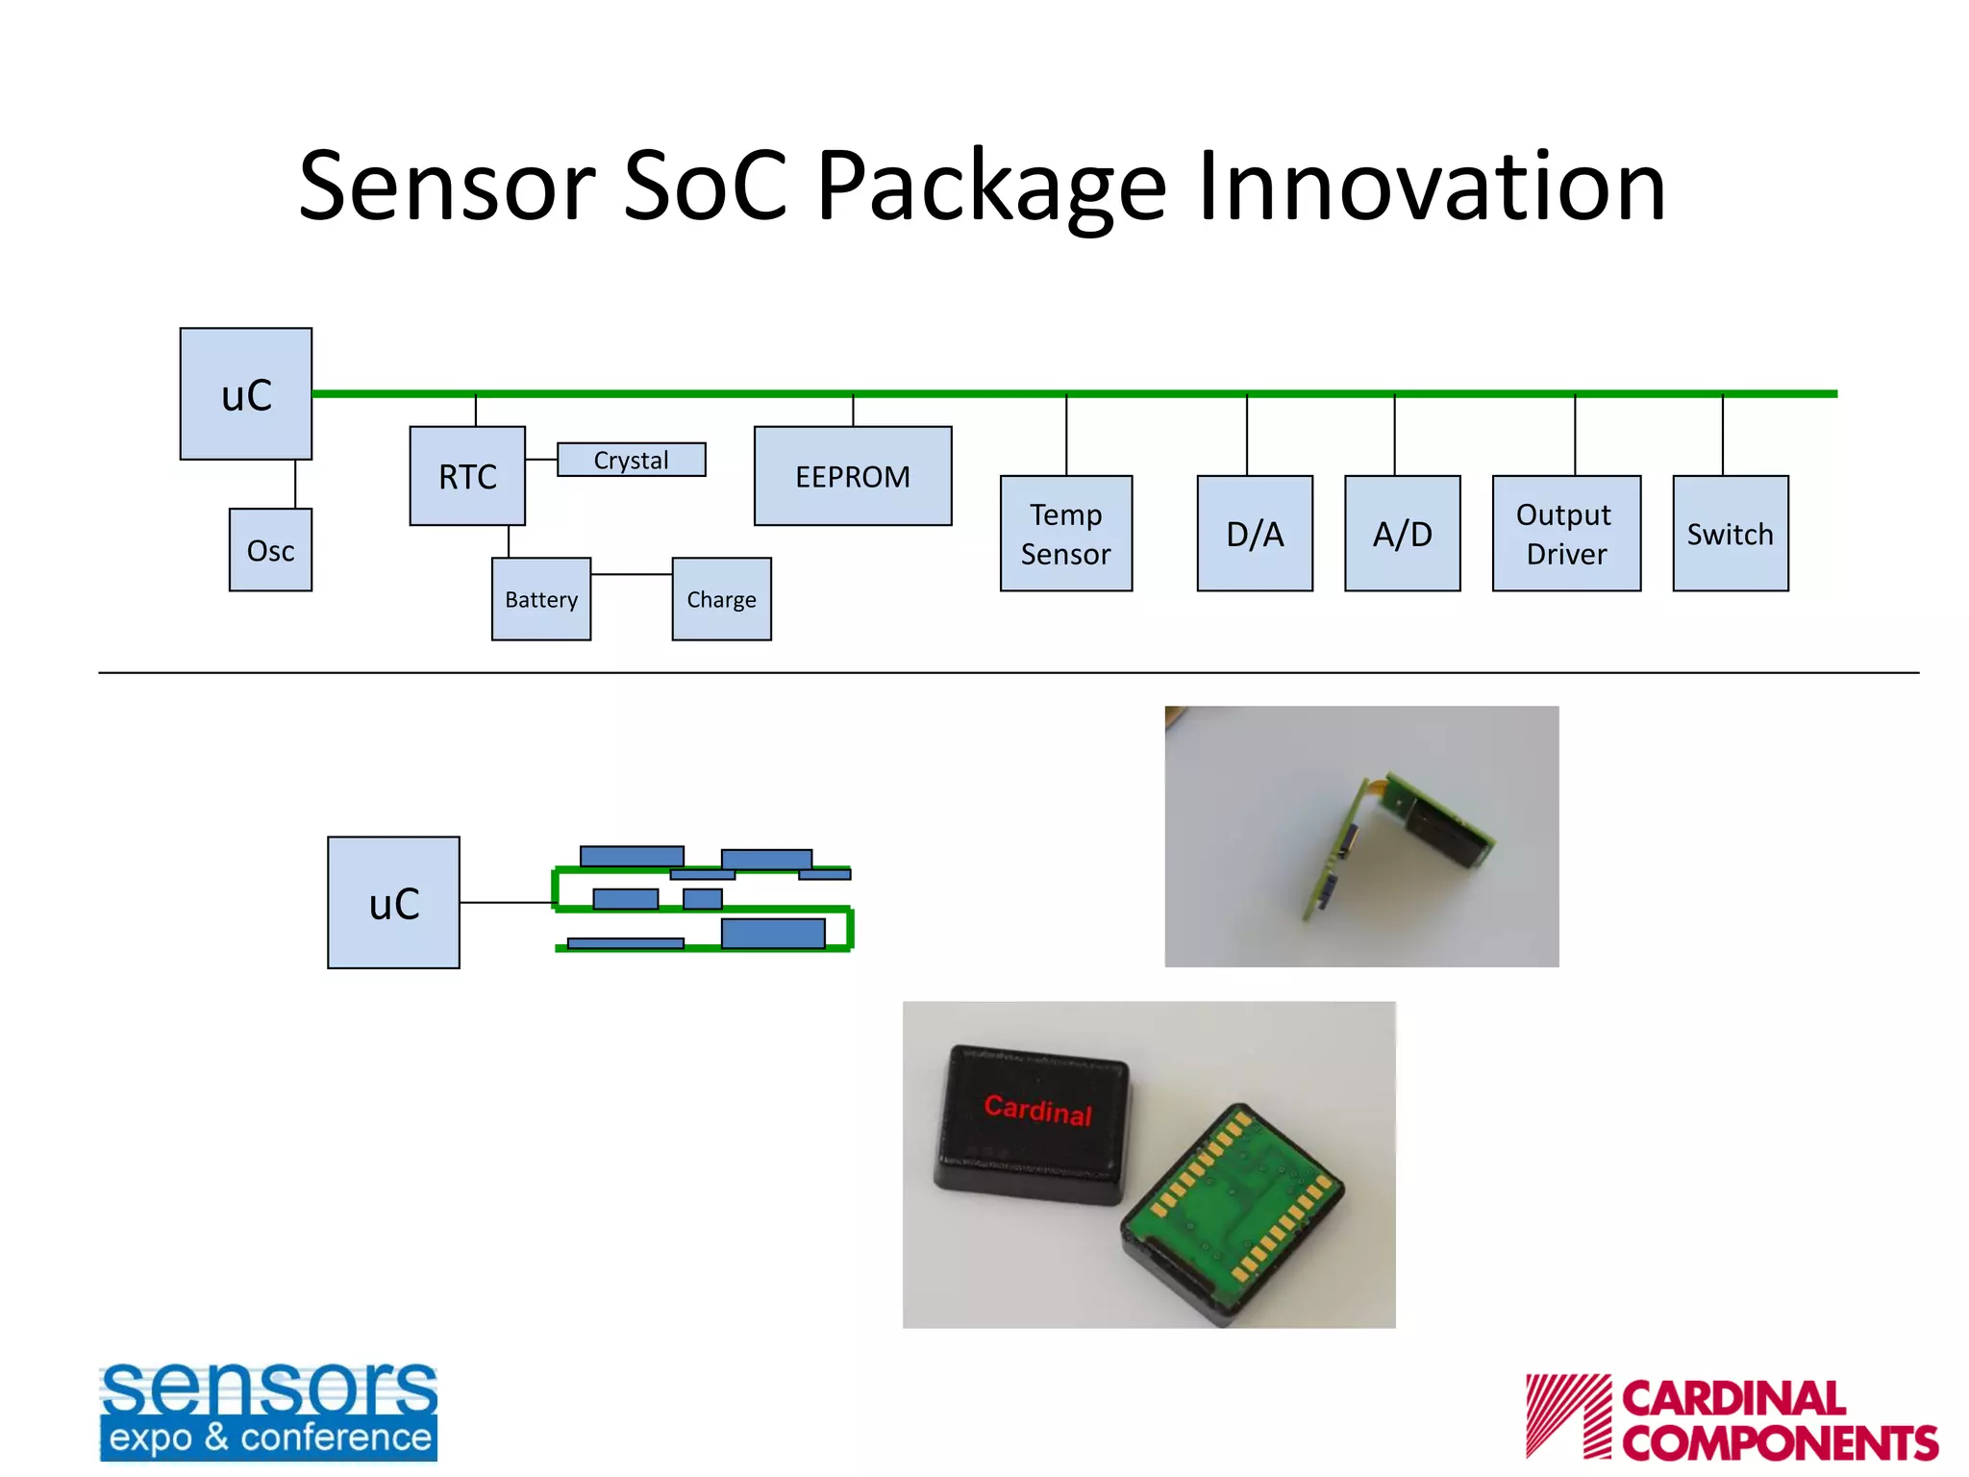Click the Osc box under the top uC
pos(270,550)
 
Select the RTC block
pos(467,476)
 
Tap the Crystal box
pos(631,460)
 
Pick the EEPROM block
pos(853,476)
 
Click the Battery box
pos(541,599)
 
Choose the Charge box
pos(721,599)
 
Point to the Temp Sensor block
pos(1066,534)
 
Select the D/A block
pos(1255,534)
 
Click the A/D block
pos(1402,534)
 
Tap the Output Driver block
pos(1566,534)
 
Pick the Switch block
pos(1731,534)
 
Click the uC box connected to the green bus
pos(246,394)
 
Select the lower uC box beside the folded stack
pos(393,903)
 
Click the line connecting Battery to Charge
pos(631,574)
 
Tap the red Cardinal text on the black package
pos(1038,1110)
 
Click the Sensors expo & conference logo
pos(268,1412)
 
